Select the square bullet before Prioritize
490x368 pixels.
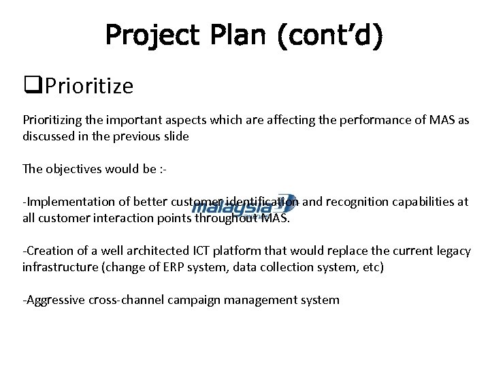29,87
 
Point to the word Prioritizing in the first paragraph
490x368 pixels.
54,119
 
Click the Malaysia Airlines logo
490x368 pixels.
244,205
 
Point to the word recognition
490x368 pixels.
360,202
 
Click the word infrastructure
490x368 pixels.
61,267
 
